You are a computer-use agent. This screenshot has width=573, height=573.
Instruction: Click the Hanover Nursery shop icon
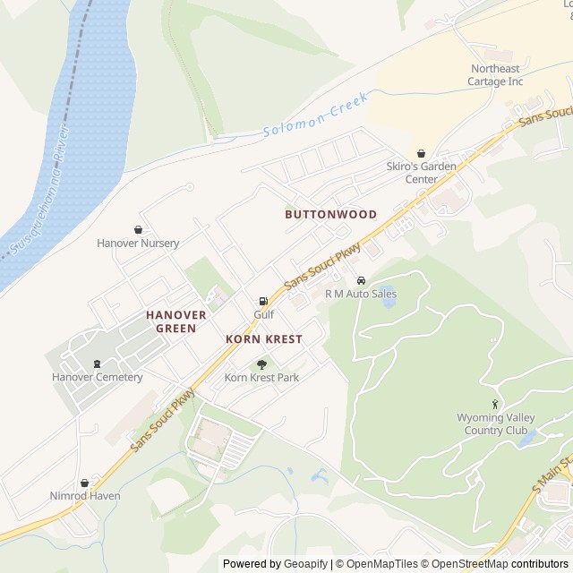(138, 230)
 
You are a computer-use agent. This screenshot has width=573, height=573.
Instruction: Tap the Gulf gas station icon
(263, 302)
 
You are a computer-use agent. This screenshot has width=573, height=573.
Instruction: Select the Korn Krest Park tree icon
(261, 363)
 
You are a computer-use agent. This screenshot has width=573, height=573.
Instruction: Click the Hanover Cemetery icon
(97, 363)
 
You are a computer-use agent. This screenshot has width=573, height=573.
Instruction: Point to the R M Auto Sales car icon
(361, 280)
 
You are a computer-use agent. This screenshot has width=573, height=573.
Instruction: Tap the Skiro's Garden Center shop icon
(421, 153)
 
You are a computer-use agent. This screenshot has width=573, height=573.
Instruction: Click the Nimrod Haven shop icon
(85, 483)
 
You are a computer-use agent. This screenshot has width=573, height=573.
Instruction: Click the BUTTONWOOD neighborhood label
(330, 215)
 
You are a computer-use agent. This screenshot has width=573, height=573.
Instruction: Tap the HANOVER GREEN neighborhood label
(176, 321)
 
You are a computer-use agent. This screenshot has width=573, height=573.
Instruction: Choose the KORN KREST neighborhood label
(263, 339)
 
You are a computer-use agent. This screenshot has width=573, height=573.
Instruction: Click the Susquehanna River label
(38, 201)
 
